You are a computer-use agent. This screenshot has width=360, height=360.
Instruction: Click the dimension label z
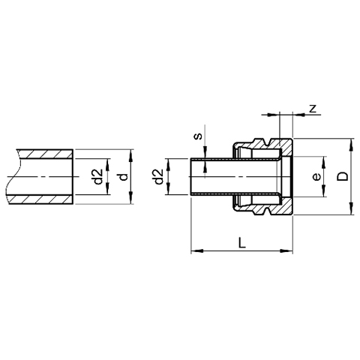point(313,109)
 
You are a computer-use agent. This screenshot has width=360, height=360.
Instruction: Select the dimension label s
point(199,136)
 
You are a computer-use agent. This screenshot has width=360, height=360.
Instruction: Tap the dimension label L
point(241,242)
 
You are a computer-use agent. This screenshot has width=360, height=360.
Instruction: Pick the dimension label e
point(316,177)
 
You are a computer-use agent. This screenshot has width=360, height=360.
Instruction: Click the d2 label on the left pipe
point(98,176)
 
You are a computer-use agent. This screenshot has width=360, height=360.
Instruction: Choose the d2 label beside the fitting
point(158,176)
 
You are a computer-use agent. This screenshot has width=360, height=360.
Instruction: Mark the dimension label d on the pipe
point(123,177)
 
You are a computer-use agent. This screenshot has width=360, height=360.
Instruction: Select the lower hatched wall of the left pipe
point(40,199)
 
